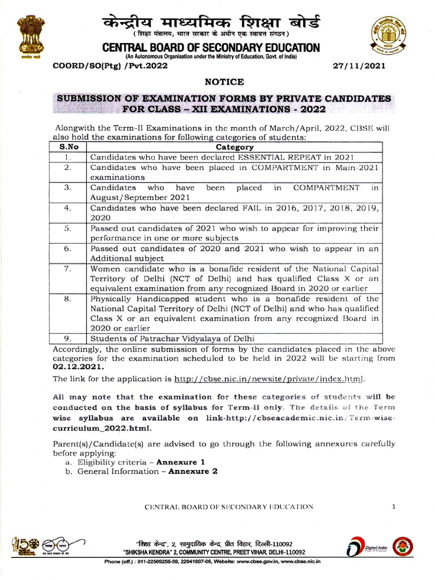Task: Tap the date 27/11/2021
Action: coord(361,66)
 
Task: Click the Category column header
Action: coord(234,147)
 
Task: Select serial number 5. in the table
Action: coord(67,228)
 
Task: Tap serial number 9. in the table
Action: coord(67,339)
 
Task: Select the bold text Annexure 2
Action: coord(193,471)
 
